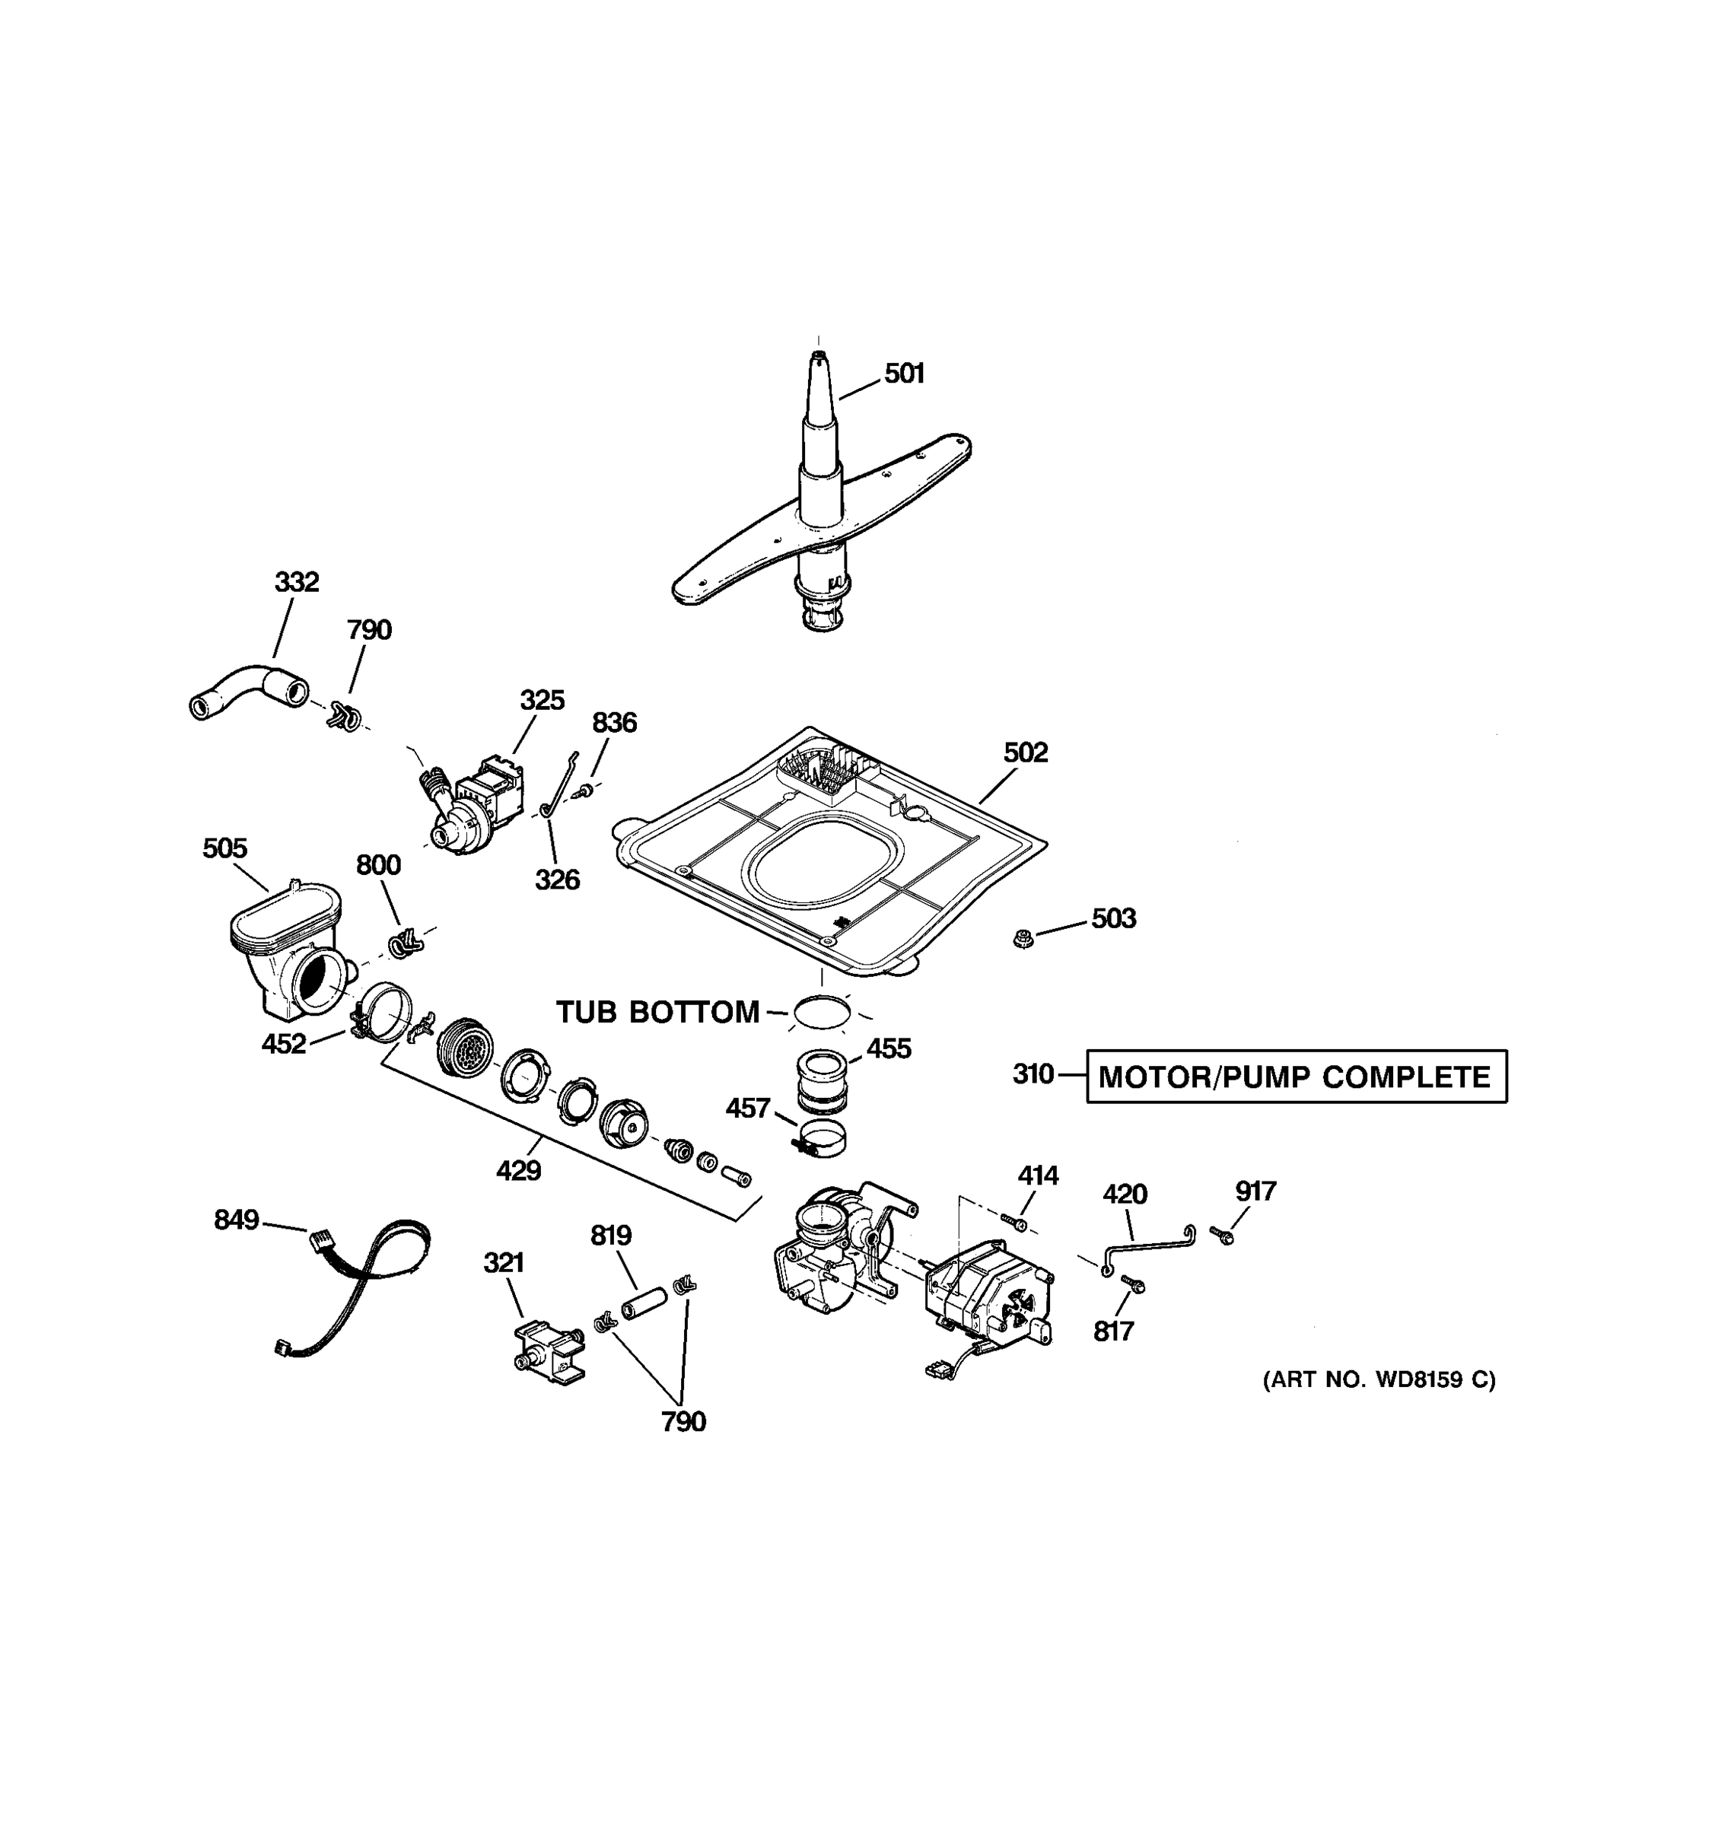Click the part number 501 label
coord(904,374)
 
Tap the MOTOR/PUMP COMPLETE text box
coord(1295,1077)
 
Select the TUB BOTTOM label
coord(657,1012)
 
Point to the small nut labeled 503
coord(1022,939)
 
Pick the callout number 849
coord(236,1220)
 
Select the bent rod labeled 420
coord(1148,1249)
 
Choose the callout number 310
coord(1033,1074)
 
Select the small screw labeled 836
coord(581,789)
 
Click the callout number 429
coord(518,1171)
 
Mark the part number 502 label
coord(1025,753)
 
